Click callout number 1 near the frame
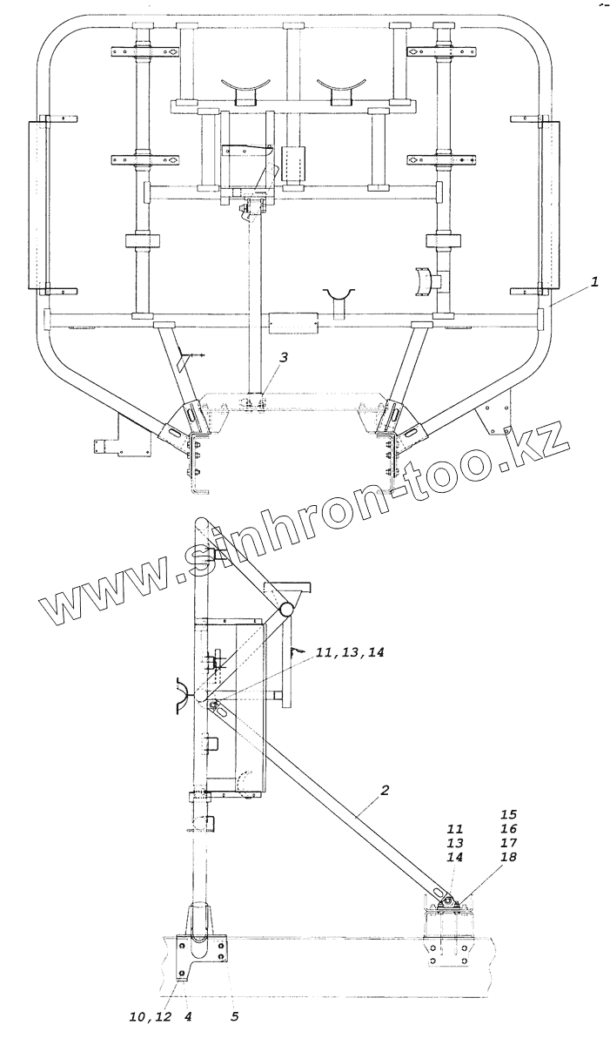[594, 281]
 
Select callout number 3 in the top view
[285, 358]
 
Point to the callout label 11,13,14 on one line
[350, 652]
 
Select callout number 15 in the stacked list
[509, 814]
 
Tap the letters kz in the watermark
[542, 443]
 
